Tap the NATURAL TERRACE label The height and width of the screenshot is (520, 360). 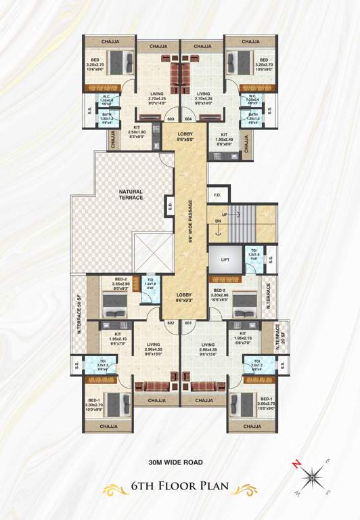coord(131,194)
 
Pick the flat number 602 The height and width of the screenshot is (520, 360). coord(171,323)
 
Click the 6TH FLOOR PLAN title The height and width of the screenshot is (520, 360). coord(179,486)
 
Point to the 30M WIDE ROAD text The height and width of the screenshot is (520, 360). coord(179,463)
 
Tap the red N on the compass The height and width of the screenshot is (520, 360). coord(295,463)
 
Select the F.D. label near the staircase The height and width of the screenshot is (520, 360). coord(217,196)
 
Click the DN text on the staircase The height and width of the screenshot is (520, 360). coord(217,221)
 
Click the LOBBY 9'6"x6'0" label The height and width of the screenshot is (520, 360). coord(185,135)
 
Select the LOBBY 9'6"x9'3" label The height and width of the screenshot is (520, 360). coord(185,299)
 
